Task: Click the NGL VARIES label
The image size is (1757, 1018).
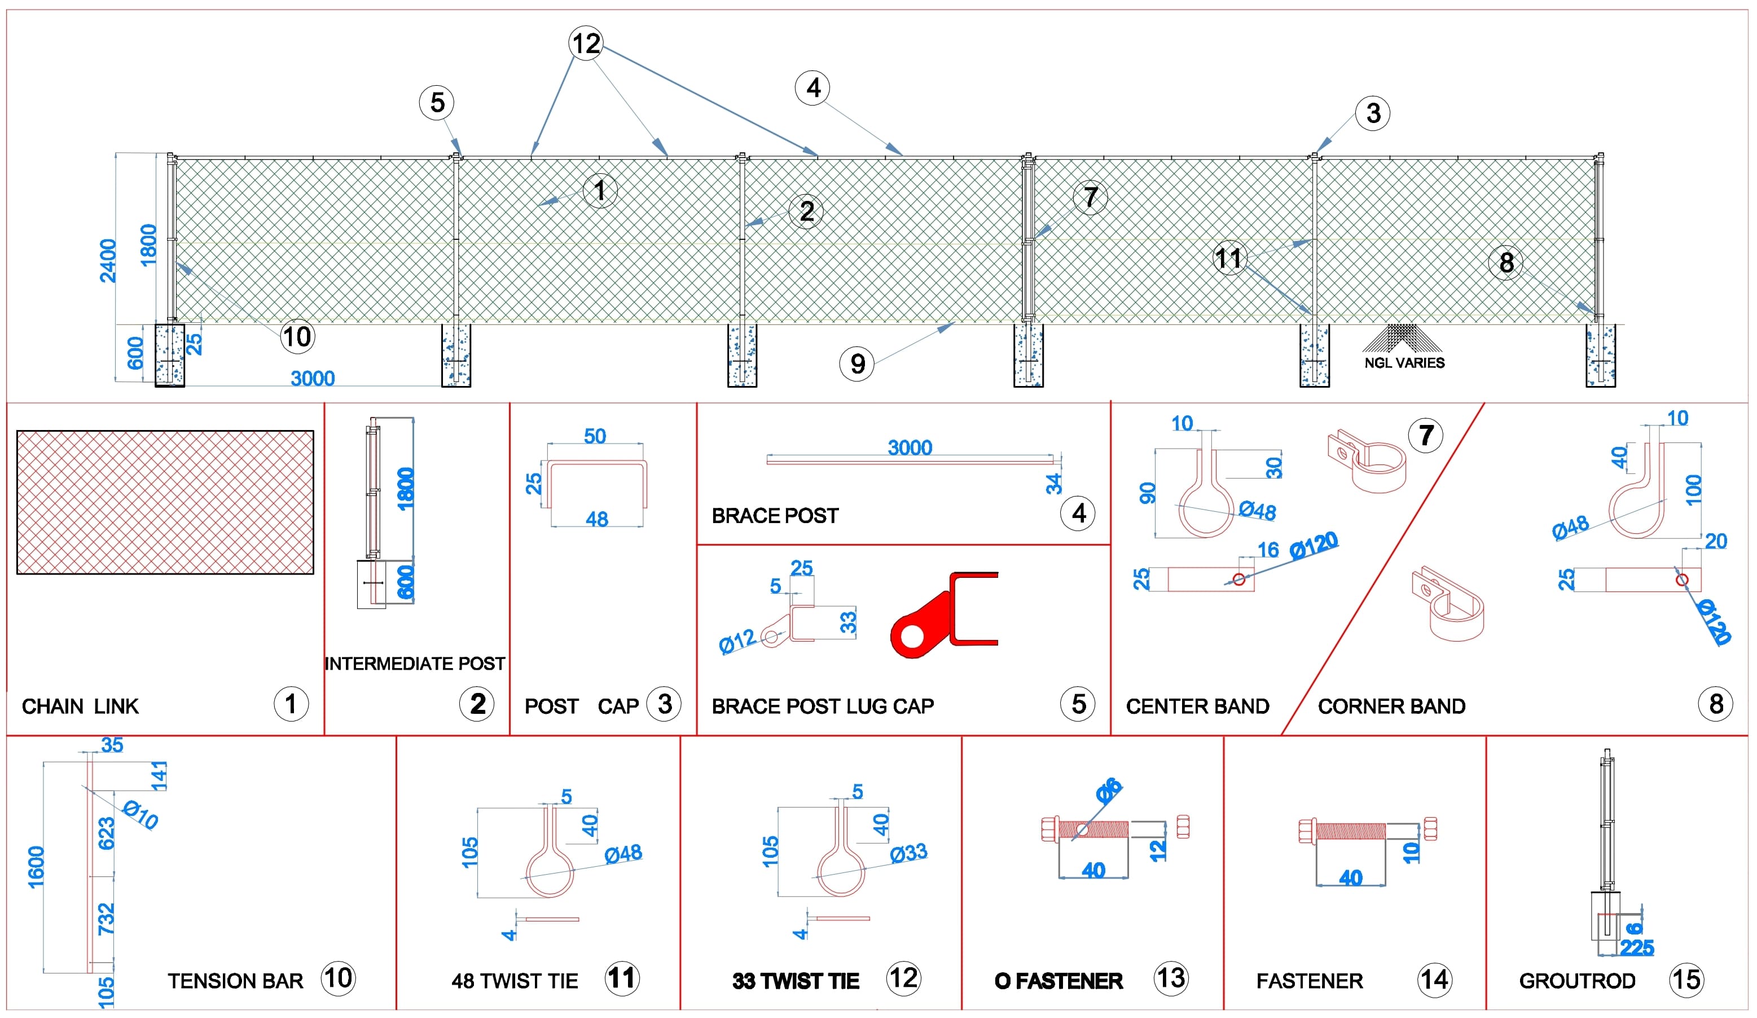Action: point(1404,363)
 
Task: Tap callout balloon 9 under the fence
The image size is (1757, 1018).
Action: point(858,364)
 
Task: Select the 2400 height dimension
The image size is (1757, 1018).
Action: point(108,260)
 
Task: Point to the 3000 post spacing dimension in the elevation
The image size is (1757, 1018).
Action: point(313,379)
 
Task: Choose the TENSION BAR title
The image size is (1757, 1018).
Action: point(236,981)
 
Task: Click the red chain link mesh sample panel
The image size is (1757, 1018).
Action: point(165,503)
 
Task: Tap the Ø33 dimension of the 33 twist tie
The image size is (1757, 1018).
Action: point(908,852)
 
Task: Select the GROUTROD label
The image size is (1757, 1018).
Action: point(1577,981)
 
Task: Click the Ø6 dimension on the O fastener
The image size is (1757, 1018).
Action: point(1108,790)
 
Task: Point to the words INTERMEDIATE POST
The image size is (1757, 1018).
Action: point(415,664)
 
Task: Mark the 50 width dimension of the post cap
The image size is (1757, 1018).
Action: point(595,436)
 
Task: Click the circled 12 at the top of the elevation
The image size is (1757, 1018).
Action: point(586,43)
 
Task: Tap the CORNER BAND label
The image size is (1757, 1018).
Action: point(1391,707)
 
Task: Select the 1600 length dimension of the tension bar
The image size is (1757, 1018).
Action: point(36,867)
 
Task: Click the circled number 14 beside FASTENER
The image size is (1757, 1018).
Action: point(1435,980)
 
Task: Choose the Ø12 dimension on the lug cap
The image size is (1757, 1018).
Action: point(737,641)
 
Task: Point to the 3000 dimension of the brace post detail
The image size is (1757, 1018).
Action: point(910,447)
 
